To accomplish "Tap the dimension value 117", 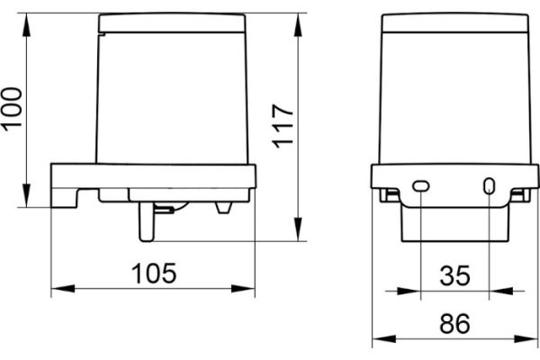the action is [283, 126].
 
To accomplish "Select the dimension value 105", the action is [154, 274].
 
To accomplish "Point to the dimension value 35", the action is [454, 275].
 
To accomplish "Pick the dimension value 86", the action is [454, 323].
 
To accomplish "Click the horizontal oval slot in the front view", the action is [421, 186].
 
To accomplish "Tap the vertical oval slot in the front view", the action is [489, 186].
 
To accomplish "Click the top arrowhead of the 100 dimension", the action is [26, 25].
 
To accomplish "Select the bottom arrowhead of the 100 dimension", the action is [26, 195].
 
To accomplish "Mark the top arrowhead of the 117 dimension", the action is [298, 25].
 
